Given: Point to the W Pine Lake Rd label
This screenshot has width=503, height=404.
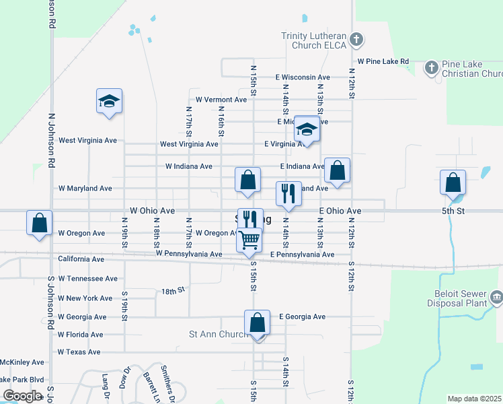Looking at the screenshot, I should [x=383, y=61].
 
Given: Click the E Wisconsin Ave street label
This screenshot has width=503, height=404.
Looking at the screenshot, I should [x=303, y=77].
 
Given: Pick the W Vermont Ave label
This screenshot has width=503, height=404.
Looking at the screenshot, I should [x=221, y=100].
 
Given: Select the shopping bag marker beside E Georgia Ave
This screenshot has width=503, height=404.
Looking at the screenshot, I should [x=257, y=322].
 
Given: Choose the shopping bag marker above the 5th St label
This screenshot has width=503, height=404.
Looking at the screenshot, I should [x=453, y=182].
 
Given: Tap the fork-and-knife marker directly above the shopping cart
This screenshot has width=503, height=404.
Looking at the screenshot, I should [x=249, y=218].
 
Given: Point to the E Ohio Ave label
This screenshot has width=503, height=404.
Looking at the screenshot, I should [x=340, y=211].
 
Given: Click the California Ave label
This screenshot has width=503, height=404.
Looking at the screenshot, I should [x=81, y=259].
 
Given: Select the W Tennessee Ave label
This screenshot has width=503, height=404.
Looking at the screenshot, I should [x=87, y=278].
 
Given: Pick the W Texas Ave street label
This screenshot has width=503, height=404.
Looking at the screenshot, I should [x=79, y=352].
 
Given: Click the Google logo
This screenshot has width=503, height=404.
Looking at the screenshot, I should [x=22, y=396].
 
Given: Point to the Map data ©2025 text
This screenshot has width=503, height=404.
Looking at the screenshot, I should [x=474, y=399].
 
